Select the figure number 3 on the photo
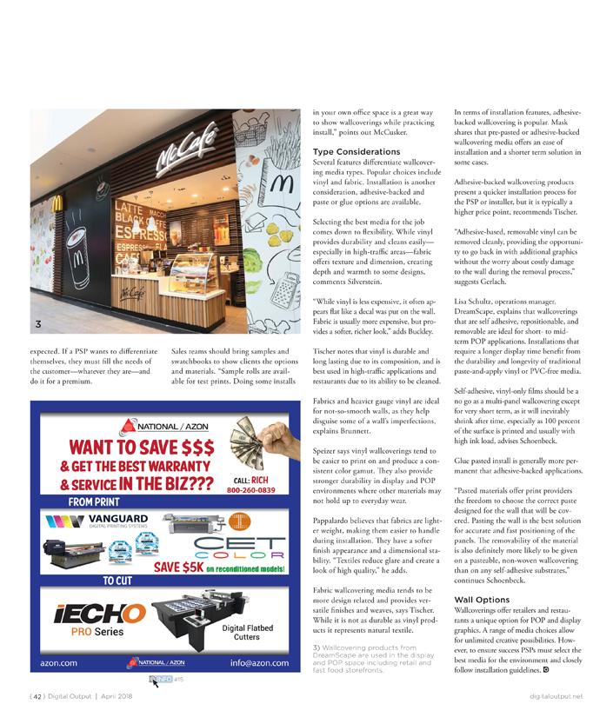point(37,325)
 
